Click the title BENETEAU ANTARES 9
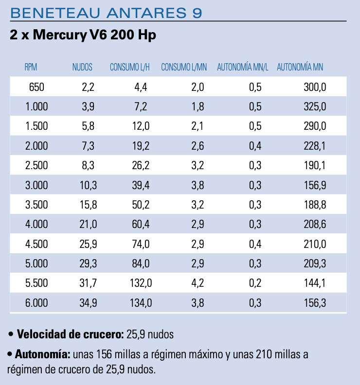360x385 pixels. (x=105, y=13)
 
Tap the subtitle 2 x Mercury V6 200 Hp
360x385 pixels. (x=83, y=35)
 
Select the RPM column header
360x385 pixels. (x=31, y=68)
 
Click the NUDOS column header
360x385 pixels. (x=82, y=68)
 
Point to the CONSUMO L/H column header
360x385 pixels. (x=129, y=68)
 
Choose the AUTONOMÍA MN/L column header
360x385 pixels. (x=242, y=68)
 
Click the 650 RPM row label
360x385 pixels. (x=36, y=87)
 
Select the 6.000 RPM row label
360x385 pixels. (x=36, y=303)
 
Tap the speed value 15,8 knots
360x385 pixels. (x=89, y=205)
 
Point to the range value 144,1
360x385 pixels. (x=314, y=283)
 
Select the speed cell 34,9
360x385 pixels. (x=89, y=303)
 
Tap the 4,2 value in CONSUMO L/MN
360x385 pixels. (x=198, y=283)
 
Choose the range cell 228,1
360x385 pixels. (x=314, y=146)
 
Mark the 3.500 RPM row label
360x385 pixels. (x=36, y=205)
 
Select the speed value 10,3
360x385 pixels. (x=89, y=185)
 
